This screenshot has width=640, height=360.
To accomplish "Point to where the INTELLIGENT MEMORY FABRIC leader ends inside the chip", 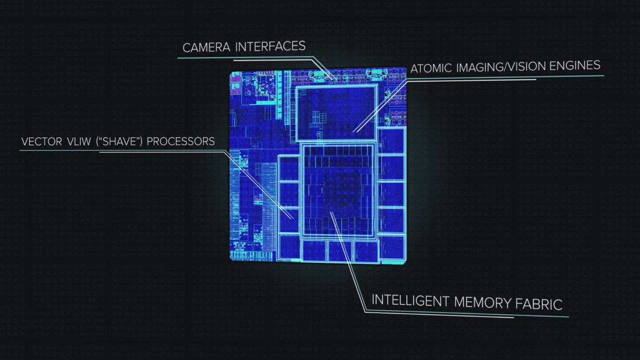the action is (x=331, y=212).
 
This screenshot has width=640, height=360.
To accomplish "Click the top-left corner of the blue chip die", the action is (x=230, y=72).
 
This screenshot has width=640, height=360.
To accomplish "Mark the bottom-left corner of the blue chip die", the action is (x=230, y=260).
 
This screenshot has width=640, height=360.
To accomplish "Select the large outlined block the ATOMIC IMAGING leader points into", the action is (x=336, y=112).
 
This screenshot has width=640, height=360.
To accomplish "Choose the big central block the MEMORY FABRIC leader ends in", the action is (x=338, y=191).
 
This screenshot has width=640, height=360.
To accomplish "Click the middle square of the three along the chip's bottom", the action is (x=340, y=251).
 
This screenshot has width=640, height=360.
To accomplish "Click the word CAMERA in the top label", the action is (x=206, y=48).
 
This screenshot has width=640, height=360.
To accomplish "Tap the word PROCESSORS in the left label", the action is (x=180, y=141).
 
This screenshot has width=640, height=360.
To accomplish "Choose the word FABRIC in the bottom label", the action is (x=539, y=304).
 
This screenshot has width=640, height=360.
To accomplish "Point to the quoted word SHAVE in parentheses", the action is (x=120, y=141).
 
